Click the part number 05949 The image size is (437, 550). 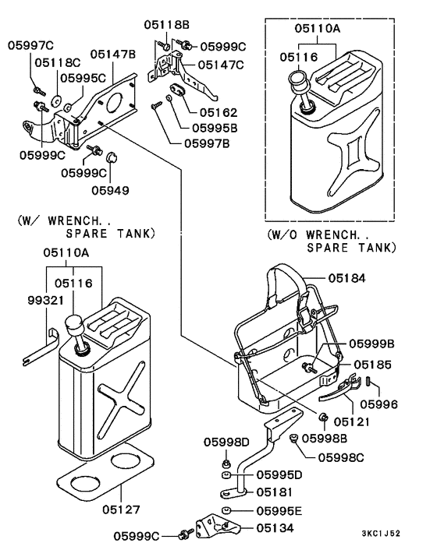110,190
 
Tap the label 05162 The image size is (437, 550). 218,113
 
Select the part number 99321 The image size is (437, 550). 46,300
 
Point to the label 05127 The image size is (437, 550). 121,509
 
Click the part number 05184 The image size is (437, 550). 347,278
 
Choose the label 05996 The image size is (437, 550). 379,404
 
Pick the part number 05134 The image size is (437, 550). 275,528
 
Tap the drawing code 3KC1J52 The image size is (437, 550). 381,534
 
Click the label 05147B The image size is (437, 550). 113,55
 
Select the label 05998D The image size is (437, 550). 226,442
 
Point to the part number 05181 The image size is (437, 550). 275,492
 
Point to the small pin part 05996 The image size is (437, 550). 368,381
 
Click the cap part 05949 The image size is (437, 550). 112,159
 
